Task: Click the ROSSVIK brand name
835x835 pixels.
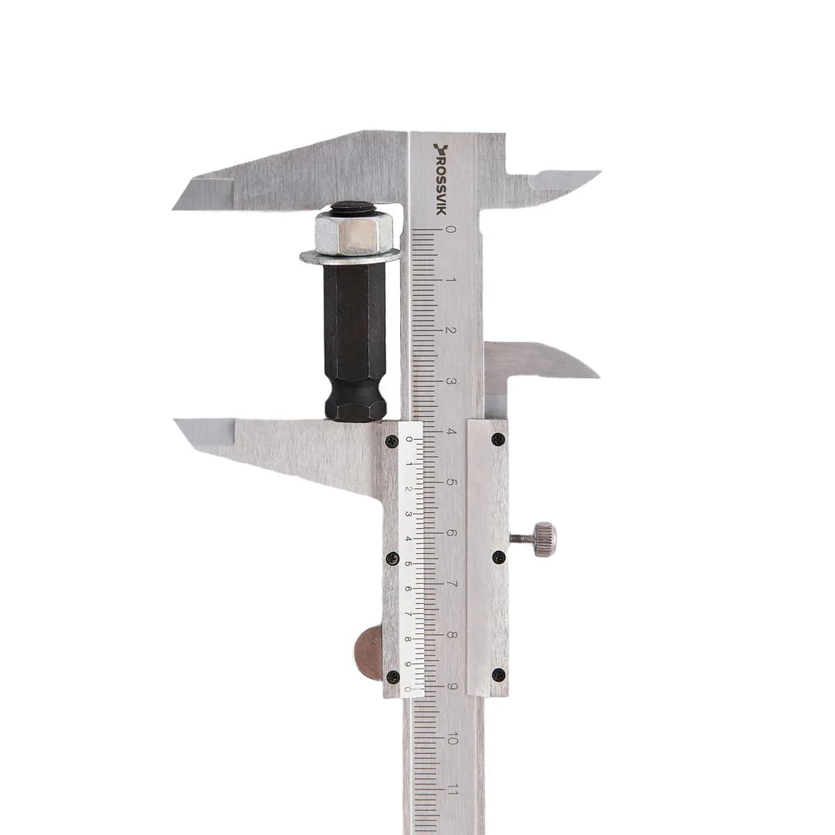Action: [x=440, y=185]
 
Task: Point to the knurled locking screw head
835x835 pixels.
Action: [x=545, y=539]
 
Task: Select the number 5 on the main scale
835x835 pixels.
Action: [x=451, y=483]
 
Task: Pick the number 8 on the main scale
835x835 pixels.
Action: [x=451, y=635]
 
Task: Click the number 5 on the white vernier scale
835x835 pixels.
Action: [x=408, y=564]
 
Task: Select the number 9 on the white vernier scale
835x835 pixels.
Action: [x=408, y=665]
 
